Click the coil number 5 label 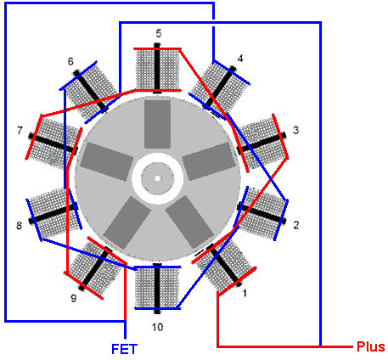click(159, 33)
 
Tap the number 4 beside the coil click(240, 59)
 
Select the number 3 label click(295, 130)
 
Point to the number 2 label click(296, 225)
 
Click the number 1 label click(245, 293)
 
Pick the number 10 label click(158, 327)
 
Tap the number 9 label click(74, 298)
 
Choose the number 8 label click(19, 226)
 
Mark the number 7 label click(20, 131)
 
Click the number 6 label click(70, 61)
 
